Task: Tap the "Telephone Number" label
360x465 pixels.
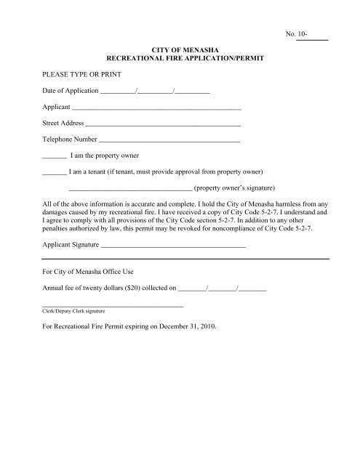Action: click(x=70, y=139)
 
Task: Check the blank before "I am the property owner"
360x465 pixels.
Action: click(x=55, y=157)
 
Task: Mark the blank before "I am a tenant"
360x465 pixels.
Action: click(x=55, y=174)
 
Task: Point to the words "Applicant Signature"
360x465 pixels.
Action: click(x=71, y=246)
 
